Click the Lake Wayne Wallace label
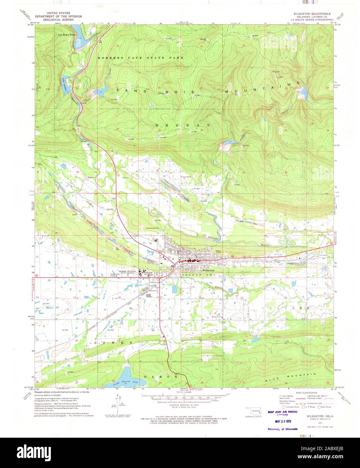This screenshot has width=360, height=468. tap(66, 34)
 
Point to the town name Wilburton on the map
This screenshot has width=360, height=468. tap(208, 270)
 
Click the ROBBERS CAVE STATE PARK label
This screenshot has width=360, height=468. tap(141, 58)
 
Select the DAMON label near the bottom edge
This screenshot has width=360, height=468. tap(160, 377)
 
